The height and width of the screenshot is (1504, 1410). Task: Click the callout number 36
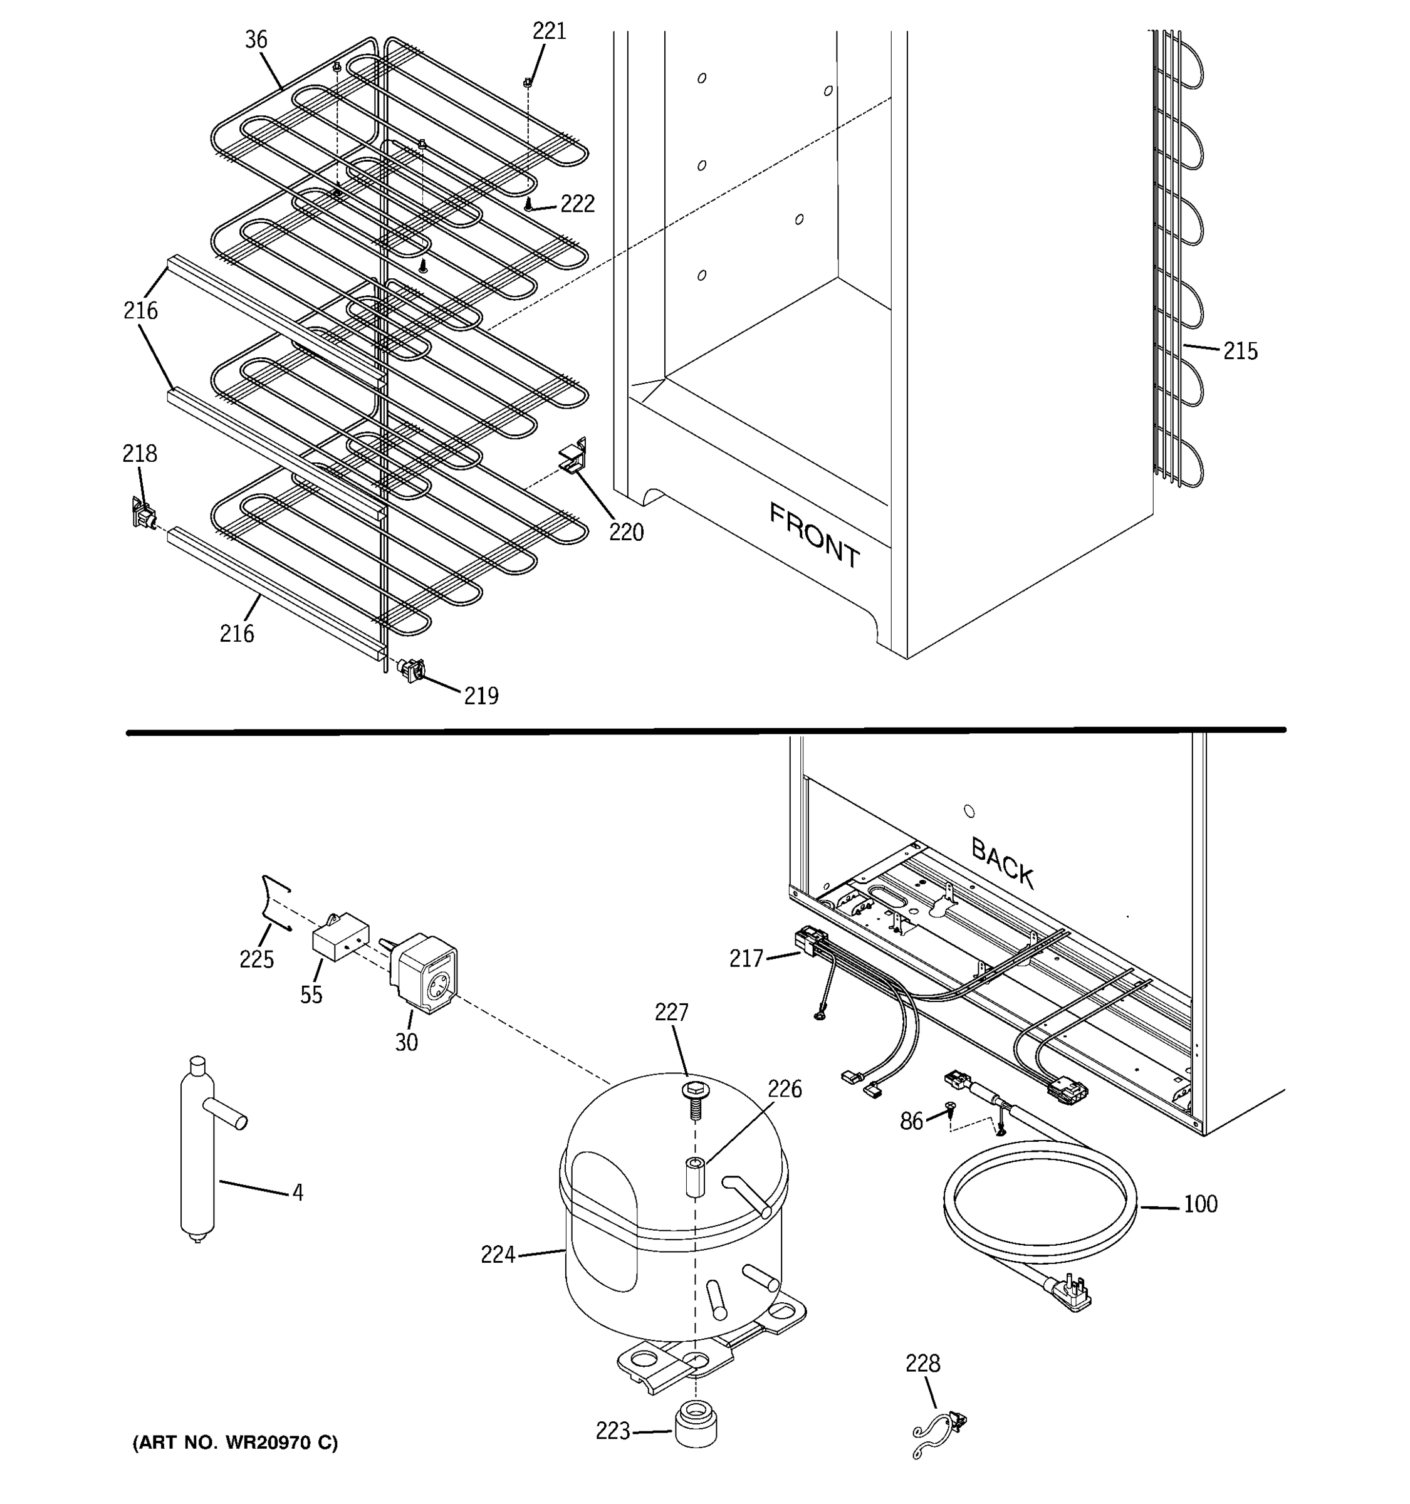[x=256, y=39]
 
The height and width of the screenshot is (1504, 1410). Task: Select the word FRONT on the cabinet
[x=814, y=535]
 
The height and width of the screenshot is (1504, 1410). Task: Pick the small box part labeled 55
[x=340, y=939]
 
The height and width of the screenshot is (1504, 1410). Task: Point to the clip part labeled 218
[x=142, y=516]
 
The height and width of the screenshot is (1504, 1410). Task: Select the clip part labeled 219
[x=412, y=669]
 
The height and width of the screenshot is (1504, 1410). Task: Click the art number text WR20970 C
[x=235, y=1443]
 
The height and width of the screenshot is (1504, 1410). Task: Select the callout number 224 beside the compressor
[x=497, y=1255]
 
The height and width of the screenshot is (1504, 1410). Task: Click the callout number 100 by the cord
[x=1199, y=1204]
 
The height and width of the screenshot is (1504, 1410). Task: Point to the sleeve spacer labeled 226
[x=694, y=1177]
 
